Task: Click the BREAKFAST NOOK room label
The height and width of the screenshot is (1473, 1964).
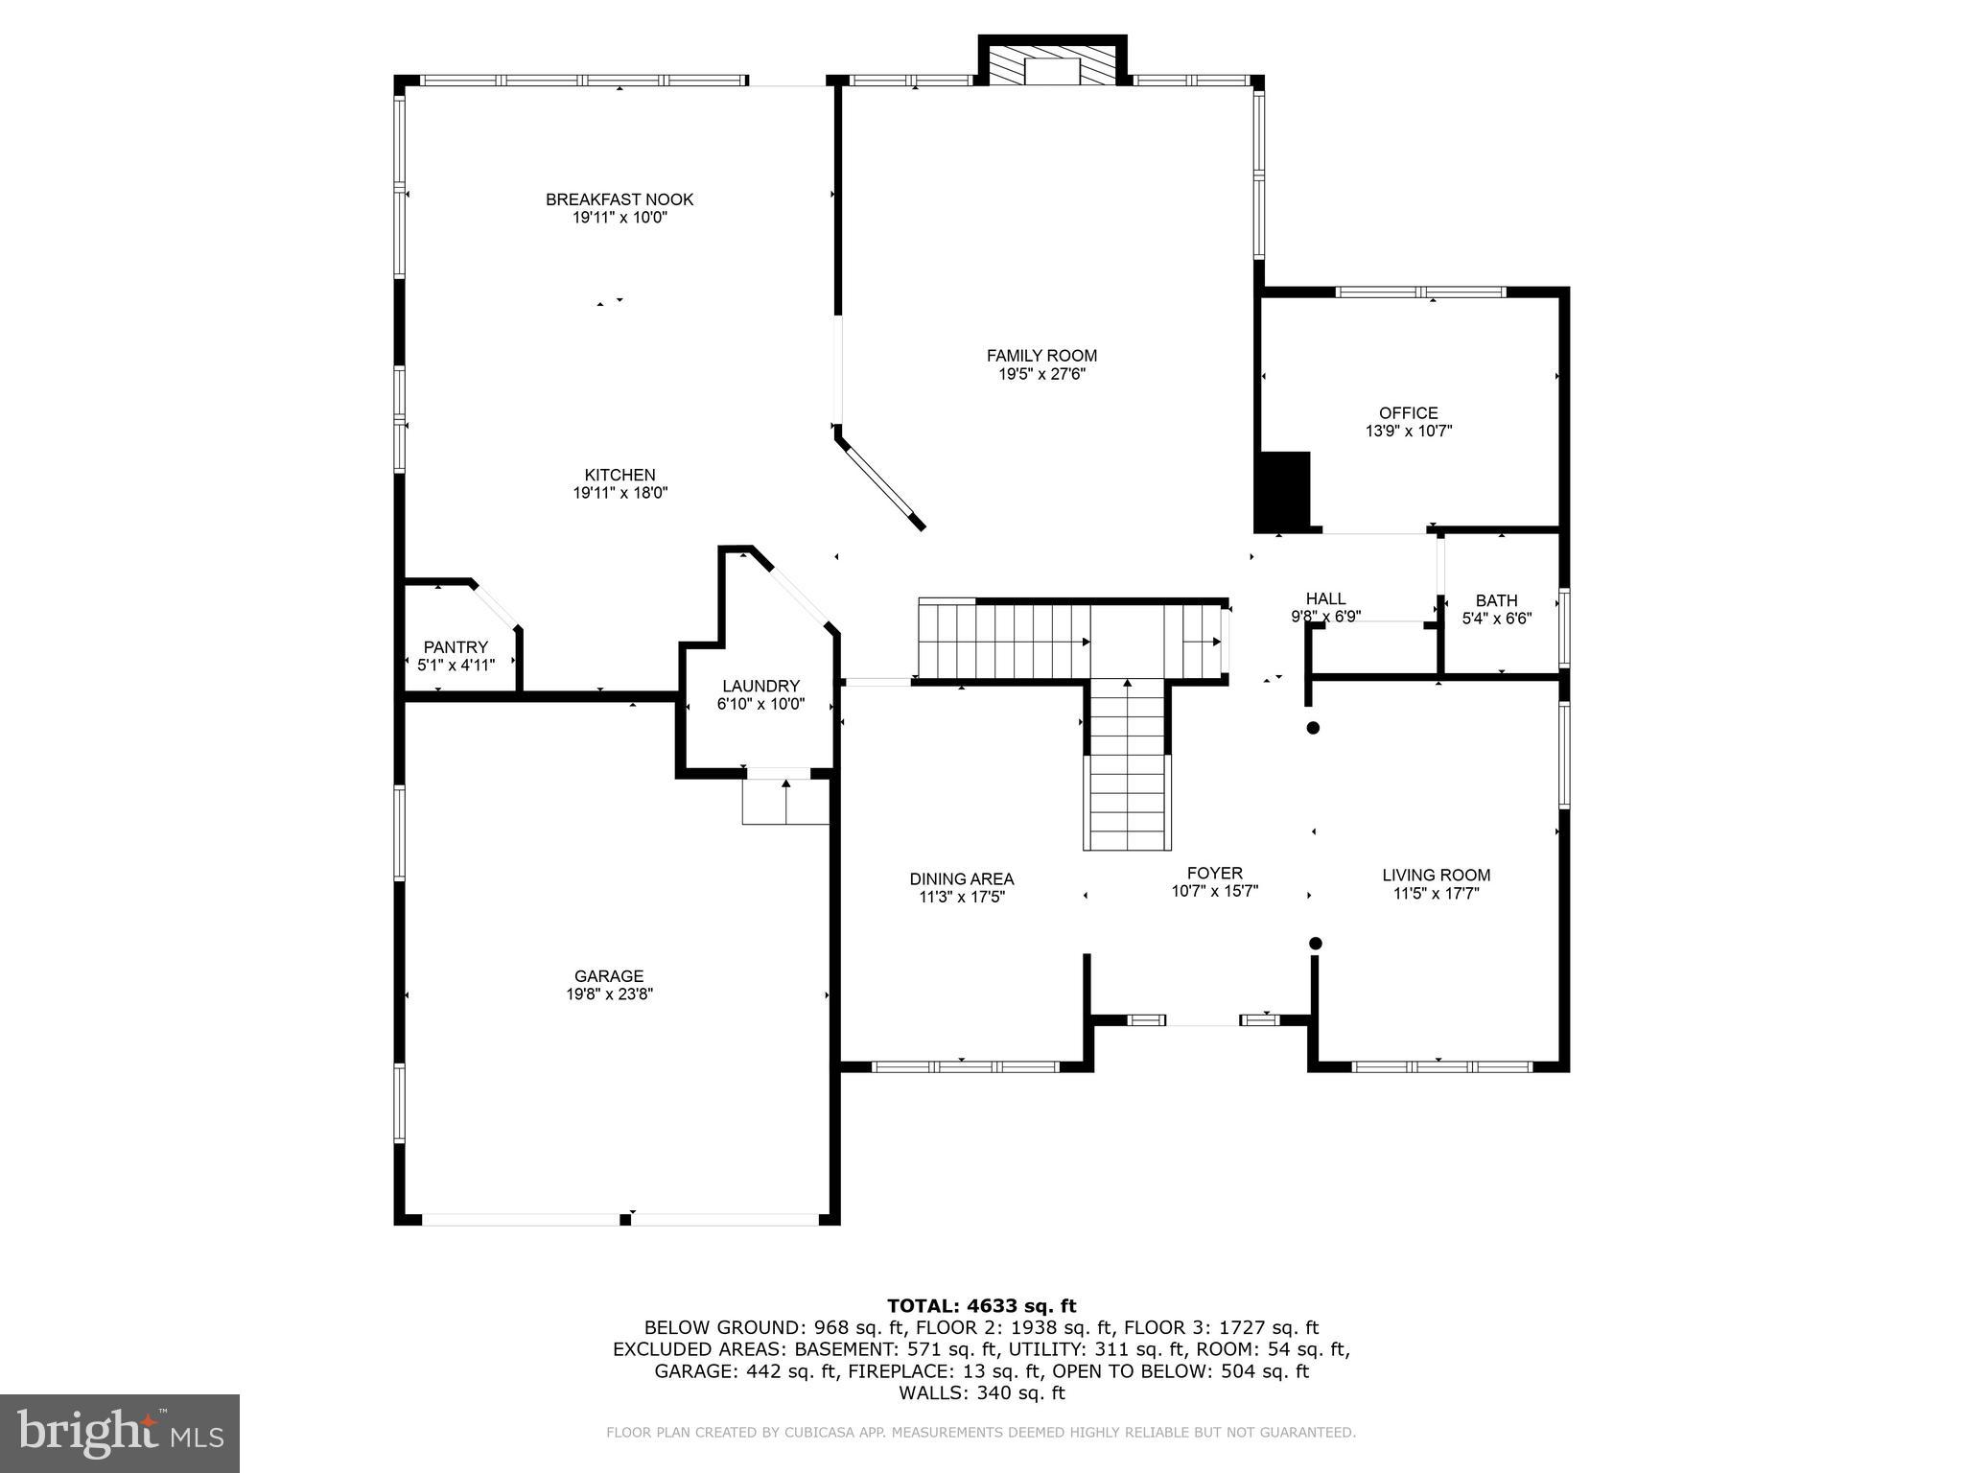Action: coord(620,199)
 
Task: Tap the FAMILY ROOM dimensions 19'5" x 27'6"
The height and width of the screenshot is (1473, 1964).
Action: coord(1041,374)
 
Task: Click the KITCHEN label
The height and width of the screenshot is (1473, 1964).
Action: coord(620,475)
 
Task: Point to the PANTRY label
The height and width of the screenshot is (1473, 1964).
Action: coord(456,647)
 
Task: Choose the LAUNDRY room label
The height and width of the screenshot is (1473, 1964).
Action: coord(760,687)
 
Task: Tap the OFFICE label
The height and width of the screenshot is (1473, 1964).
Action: coord(1408,413)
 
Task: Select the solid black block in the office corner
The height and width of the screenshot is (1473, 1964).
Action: coord(1283,491)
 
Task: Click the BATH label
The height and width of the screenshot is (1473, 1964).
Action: coord(1496,601)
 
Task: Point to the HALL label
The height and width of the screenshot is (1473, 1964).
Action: coord(1325,599)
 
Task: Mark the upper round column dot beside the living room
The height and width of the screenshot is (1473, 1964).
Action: coord(1313,728)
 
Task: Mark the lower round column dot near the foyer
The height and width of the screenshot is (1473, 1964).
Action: coord(1315,944)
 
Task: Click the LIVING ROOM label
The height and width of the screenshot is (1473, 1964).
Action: coord(1436,875)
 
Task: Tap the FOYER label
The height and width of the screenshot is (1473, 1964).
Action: coord(1214,873)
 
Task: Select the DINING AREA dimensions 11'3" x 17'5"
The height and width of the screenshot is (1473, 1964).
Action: coord(961,898)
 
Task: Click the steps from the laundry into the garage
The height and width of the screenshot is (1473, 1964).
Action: coord(784,802)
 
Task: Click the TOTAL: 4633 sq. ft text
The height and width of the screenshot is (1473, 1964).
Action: coord(981,1305)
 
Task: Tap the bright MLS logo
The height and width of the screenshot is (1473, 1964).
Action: coord(120,1433)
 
